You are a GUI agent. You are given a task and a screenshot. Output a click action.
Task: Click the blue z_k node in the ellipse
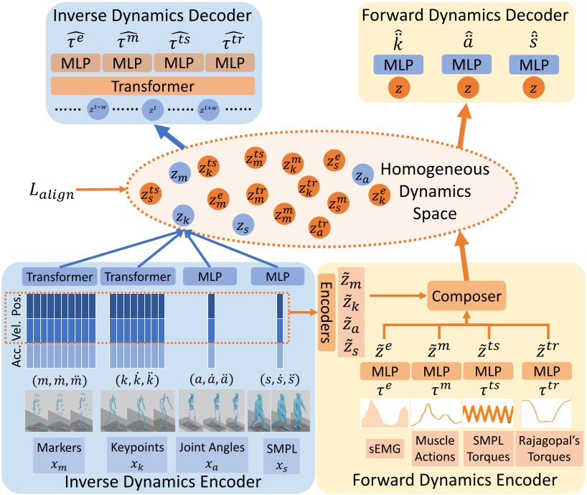point(184,215)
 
